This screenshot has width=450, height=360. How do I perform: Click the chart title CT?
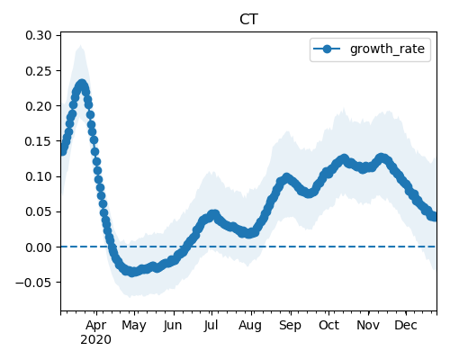pos(248,20)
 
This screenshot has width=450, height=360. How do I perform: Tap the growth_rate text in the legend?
pos(387,49)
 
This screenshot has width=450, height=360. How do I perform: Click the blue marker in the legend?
pos(327,49)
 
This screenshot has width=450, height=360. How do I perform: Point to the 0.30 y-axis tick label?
pos(39,35)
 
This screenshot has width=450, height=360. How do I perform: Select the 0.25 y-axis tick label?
pos(39,71)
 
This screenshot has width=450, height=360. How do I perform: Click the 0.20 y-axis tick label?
pos(39,106)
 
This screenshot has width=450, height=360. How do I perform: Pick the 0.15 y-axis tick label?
pos(39,141)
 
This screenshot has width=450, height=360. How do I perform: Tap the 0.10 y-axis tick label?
pos(39,176)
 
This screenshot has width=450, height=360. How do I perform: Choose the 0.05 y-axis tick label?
pos(39,211)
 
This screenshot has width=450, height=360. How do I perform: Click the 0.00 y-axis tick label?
pos(39,247)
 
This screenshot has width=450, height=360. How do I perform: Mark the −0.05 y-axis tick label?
pos(34,283)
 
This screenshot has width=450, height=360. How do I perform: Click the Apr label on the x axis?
pos(95,326)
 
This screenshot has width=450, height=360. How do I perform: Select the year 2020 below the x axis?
pos(95,340)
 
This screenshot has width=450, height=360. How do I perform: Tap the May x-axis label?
pos(134,326)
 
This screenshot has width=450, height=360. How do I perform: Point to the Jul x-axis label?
pos(211,325)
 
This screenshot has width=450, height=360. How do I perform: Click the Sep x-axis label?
pos(290,326)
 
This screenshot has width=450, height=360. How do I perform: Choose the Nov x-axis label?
pos(368,325)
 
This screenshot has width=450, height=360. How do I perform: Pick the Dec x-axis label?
pos(406,325)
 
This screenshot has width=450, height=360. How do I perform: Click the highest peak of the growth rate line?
pos(82,85)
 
